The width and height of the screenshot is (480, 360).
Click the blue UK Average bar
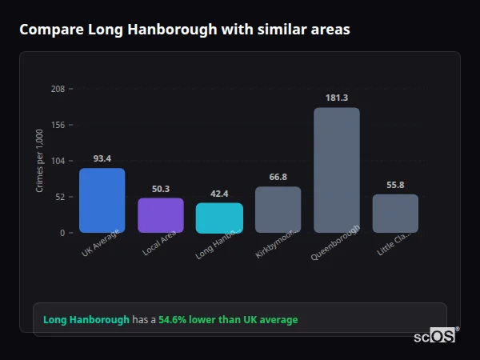(x=102, y=200)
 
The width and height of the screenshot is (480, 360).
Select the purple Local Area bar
(x=160, y=215)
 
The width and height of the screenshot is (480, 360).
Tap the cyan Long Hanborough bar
(x=219, y=218)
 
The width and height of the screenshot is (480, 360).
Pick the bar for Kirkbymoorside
(x=278, y=210)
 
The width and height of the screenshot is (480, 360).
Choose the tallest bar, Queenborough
(x=336, y=170)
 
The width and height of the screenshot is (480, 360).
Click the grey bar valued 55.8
(x=395, y=213)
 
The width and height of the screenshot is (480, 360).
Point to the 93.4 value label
(x=102, y=158)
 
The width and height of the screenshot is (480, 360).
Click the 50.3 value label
(x=160, y=189)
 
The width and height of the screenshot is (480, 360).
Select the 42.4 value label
(x=219, y=194)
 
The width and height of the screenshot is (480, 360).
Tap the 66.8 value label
(x=278, y=177)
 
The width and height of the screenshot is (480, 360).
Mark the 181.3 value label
(x=336, y=98)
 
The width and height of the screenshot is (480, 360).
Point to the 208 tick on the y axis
(x=58, y=89)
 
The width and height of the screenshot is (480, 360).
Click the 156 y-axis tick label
(x=58, y=125)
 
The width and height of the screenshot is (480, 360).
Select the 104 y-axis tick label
(x=58, y=161)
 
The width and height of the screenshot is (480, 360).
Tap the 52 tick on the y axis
(x=60, y=197)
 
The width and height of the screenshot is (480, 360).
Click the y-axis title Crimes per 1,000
(x=40, y=161)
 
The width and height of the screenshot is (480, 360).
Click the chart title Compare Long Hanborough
(x=184, y=30)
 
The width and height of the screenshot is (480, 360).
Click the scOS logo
(x=434, y=336)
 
